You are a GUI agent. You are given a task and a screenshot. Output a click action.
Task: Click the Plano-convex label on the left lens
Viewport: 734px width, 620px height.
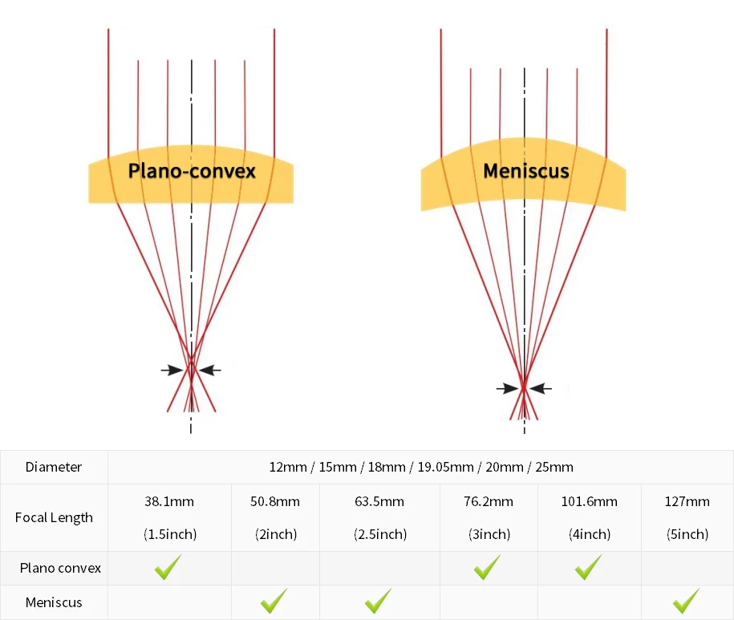tap(192, 171)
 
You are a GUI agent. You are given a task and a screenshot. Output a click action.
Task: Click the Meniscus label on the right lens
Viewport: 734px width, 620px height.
tap(525, 171)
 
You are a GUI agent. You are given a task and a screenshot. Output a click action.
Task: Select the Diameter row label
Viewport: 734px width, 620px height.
tap(54, 467)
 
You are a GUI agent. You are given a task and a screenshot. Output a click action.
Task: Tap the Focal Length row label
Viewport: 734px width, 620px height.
tap(54, 517)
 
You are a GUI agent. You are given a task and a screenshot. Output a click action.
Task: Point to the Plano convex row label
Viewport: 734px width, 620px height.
tap(61, 568)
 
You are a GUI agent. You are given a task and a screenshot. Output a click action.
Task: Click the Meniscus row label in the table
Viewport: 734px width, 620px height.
tap(54, 602)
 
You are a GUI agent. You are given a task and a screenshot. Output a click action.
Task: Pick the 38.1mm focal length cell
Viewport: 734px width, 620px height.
tap(169, 502)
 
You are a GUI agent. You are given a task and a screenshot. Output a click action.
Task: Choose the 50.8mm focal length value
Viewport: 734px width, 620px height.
tap(275, 502)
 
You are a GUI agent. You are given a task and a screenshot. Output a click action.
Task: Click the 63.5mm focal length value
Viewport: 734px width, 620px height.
tap(379, 502)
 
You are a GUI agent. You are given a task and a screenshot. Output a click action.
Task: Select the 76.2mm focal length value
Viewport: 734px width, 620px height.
tap(489, 502)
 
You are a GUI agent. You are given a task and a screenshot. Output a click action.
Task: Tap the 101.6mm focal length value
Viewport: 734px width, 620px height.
tap(589, 502)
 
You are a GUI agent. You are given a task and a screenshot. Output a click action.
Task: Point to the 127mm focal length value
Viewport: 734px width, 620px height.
tap(687, 502)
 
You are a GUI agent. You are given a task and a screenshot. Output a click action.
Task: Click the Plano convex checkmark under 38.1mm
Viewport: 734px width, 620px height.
tap(168, 567)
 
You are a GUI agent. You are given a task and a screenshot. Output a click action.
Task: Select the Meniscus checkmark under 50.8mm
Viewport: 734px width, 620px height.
tap(274, 601)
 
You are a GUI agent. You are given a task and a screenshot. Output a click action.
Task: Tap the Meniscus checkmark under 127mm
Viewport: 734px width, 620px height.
tap(687, 601)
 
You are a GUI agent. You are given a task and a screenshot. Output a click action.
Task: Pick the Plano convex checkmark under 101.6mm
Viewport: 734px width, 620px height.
tap(588, 567)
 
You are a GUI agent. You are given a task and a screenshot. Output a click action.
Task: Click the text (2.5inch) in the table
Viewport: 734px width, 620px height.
tap(379, 534)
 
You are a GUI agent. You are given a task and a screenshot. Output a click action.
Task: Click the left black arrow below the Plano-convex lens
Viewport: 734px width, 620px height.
tap(171, 370)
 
